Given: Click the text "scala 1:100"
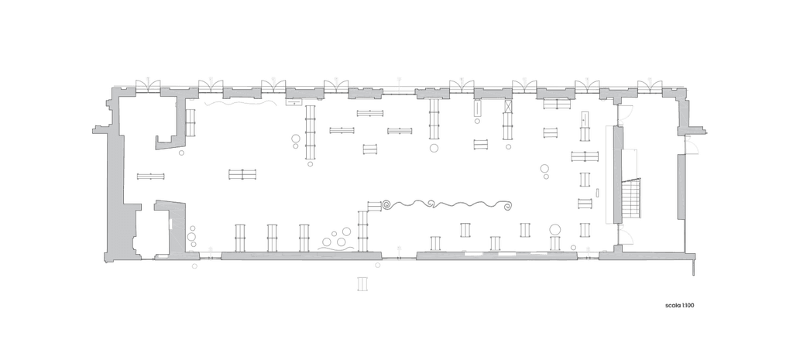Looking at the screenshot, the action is pos(679,305).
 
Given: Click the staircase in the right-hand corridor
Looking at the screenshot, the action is pos(631,199).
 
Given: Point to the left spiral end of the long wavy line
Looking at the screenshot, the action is pos(387,205).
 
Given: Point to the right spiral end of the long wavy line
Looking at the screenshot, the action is pos(506,205).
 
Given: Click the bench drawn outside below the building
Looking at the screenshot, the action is pos(362,283).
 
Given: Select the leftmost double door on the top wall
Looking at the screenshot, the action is pos(148,87).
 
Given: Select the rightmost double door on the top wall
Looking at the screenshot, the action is pos(650,87).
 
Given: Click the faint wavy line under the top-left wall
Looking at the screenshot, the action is pos(240,104).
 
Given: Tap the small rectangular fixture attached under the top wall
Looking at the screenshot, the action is pos(294,102).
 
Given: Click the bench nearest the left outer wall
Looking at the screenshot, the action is pos(151,177).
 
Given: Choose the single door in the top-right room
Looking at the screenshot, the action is pos(626,112).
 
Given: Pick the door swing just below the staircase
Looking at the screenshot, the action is pos(626,237).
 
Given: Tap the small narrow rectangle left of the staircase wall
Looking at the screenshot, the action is pos(597,193).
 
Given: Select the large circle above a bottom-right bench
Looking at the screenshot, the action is pos(555,230).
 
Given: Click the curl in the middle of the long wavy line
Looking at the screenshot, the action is pos(431,204).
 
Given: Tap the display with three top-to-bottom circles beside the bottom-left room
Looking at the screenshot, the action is pos(192,237).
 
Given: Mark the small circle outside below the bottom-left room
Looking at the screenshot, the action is pos(194,266).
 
